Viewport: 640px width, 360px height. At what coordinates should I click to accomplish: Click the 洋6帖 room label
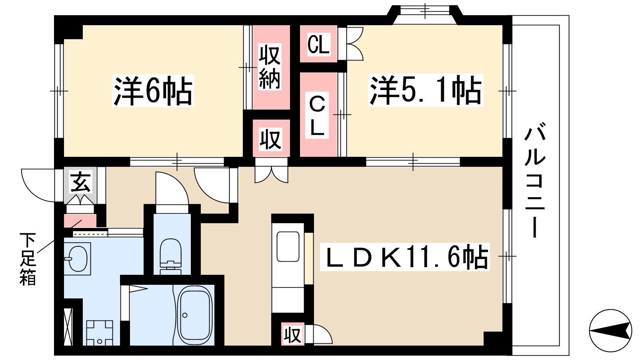[153, 90]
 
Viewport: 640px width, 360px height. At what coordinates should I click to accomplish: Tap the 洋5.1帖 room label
[426, 90]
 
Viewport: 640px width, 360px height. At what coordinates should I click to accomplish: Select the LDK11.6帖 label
[405, 257]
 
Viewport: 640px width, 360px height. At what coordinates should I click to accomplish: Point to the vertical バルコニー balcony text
[534, 183]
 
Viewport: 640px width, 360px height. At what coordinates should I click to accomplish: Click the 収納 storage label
[270, 66]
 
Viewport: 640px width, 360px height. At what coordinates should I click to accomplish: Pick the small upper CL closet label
[318, 44]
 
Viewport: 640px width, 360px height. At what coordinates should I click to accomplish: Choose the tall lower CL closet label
[317, 116]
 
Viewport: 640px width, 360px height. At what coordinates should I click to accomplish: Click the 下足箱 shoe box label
[28, 259]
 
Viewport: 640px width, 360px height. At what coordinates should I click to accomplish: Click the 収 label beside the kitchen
[292, 334]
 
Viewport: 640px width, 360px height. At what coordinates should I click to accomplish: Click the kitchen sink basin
[288, 246]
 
